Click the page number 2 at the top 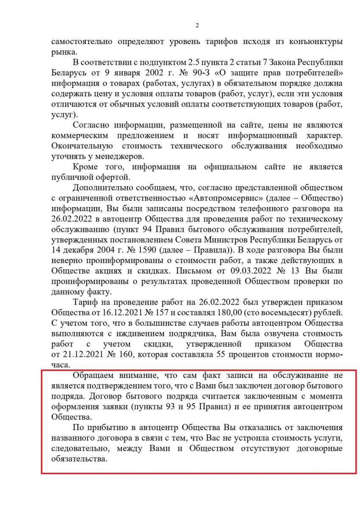pos(197,25)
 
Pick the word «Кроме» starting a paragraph pos(86,167)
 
